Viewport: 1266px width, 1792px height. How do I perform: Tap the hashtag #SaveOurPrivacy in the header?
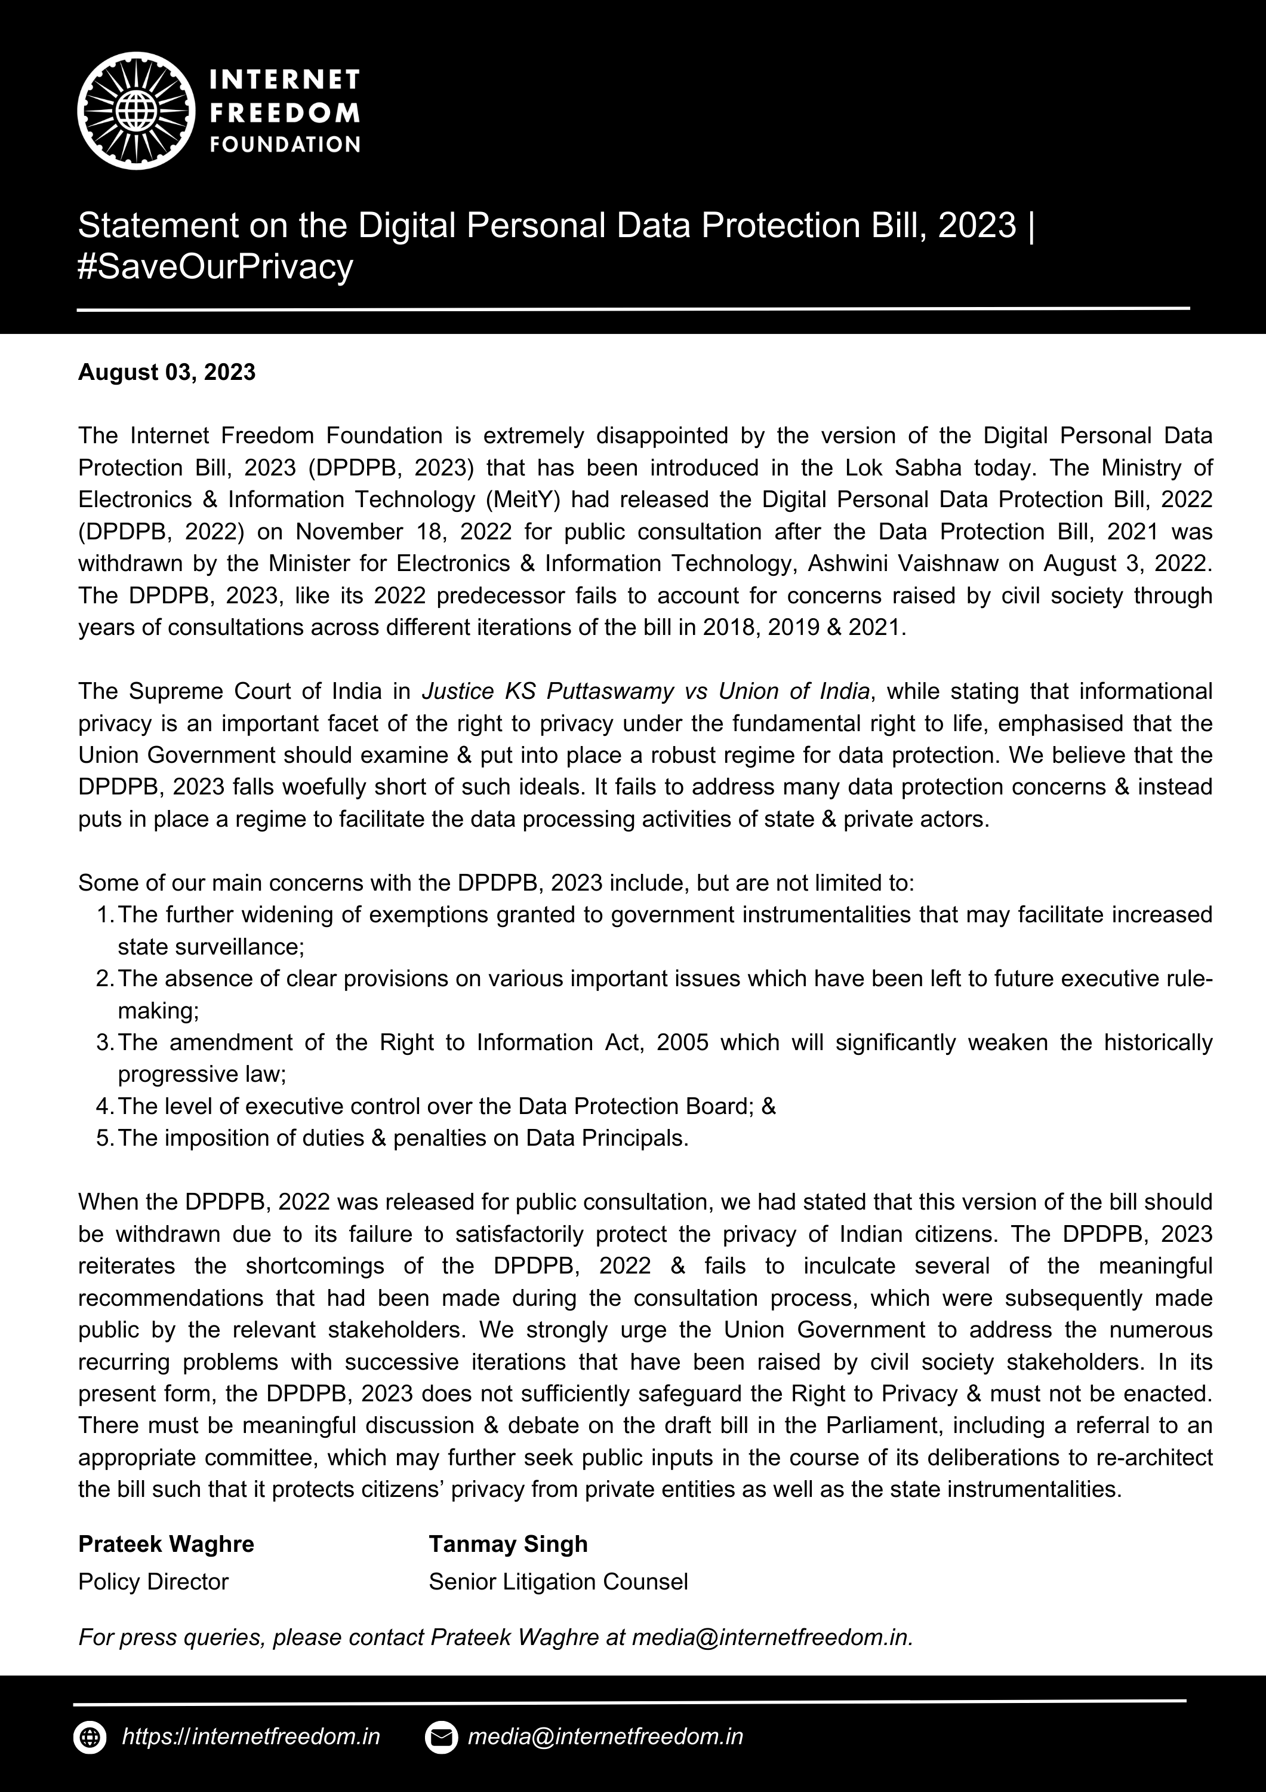coord(215,267)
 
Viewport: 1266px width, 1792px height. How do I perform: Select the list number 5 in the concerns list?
coord(104,1138)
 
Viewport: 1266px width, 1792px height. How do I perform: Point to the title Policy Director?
coord(153,1582)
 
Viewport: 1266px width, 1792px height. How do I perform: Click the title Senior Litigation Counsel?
coord(557,1582)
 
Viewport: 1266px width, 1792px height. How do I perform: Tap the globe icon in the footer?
coord(90,1738)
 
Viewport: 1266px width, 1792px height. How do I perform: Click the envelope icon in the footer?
coord(441,1738)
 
